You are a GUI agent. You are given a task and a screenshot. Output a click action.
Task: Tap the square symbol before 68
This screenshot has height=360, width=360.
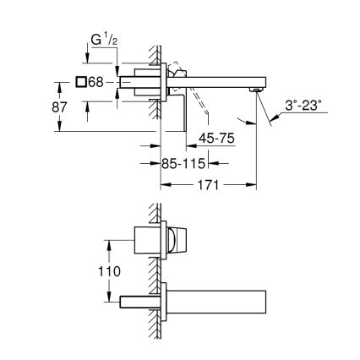(81, 81)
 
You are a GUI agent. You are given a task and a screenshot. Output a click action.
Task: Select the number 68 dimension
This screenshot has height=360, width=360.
(96, 81)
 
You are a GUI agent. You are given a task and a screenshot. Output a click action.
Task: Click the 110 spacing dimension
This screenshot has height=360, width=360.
(108, 272)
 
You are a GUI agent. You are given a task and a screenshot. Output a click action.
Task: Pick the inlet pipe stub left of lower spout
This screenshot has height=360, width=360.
(137, 302)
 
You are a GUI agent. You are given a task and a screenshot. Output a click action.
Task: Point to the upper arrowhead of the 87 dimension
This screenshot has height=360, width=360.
(59, 83)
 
